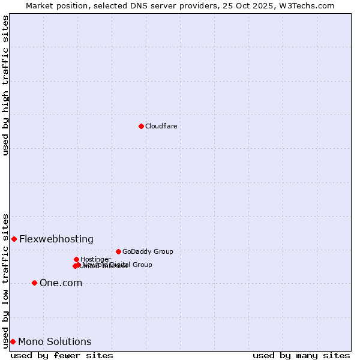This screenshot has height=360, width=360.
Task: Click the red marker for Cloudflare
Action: (141, 126)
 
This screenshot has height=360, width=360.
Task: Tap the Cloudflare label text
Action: (161, 126)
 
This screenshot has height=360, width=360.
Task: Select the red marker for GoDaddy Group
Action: (118, 251)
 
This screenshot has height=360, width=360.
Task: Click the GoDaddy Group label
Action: (148, 251)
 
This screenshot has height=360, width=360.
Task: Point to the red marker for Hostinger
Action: (76, 259)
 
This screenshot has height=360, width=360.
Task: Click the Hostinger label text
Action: (95, 259)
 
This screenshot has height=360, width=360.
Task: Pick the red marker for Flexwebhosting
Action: (14, 239)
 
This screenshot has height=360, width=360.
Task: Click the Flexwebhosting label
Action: (56, 239)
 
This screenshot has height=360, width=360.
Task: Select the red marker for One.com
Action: (34, 283)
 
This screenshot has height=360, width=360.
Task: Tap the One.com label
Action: (61, 283)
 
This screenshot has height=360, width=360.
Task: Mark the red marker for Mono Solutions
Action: (13, 341)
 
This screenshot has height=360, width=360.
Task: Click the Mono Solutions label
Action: (55, 341)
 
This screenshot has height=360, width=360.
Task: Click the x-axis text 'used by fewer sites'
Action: (62, 355)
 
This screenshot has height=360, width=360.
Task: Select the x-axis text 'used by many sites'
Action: (301, 355)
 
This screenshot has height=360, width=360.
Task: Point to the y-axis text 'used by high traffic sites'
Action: (6, 85)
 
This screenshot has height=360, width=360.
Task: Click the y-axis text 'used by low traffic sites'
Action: (6, 280)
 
